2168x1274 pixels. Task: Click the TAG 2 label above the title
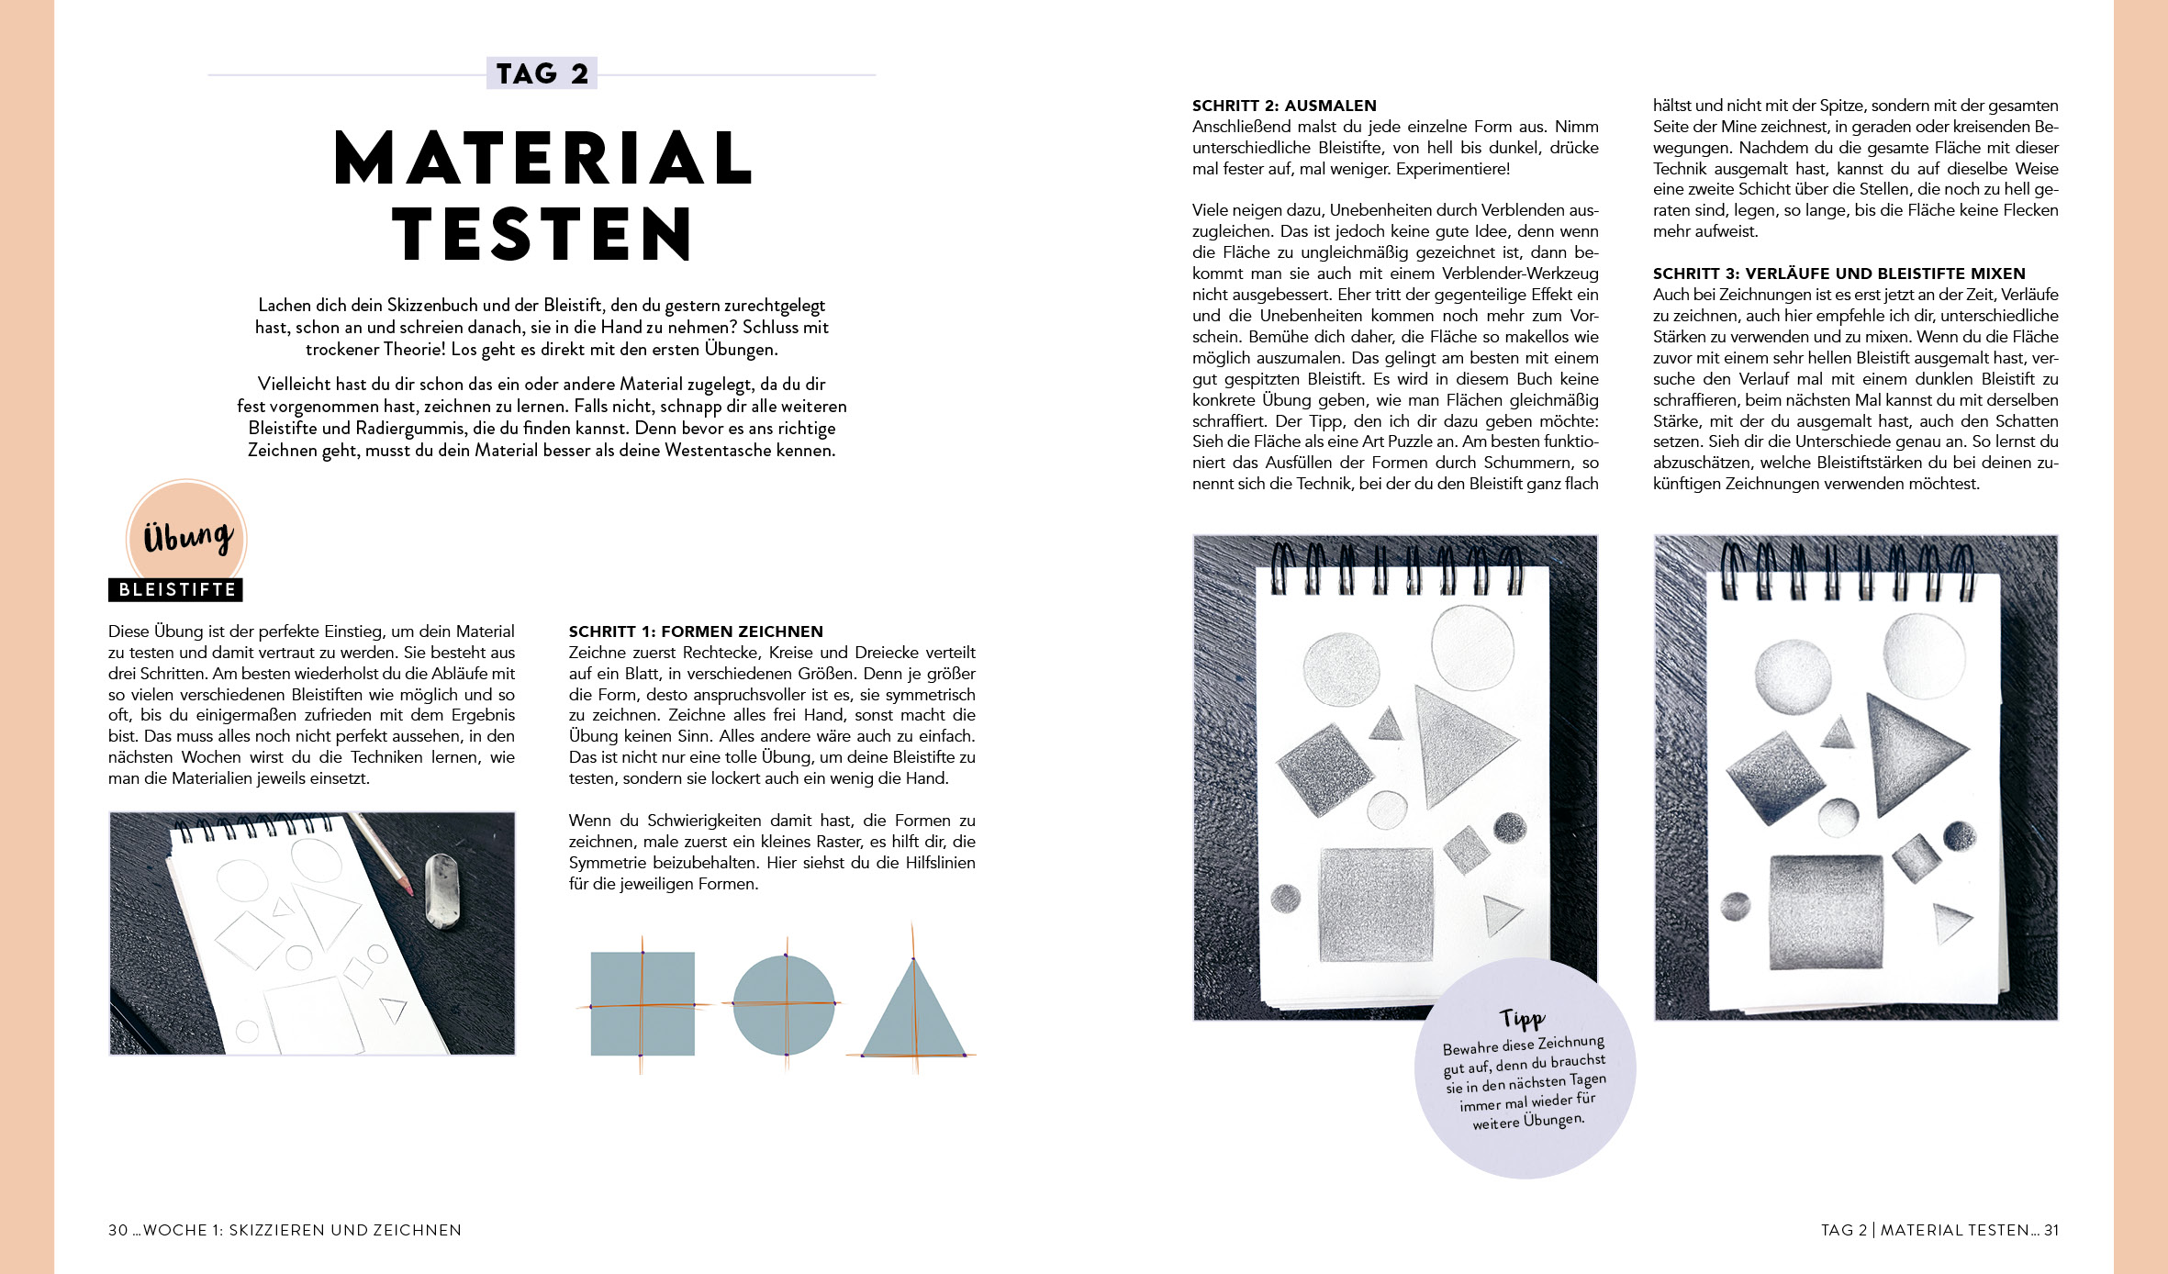542,73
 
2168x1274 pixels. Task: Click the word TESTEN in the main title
542,235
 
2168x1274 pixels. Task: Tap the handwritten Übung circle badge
187,537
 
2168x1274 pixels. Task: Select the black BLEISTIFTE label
176,590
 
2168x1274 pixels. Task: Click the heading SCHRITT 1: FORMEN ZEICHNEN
696,631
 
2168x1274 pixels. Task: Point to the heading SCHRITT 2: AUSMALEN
1284,106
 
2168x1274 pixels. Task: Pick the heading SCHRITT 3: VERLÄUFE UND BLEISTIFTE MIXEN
1838,274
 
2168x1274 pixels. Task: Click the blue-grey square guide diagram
642,1004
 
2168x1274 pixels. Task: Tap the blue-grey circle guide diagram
785,1005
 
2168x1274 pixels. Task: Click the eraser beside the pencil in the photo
441,889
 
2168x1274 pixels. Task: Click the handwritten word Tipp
1523,1018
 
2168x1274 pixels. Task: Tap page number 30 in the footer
117,1230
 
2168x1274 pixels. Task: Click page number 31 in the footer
2051,1230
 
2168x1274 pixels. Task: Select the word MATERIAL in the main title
543,158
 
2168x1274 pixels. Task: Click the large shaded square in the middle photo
1375,904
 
